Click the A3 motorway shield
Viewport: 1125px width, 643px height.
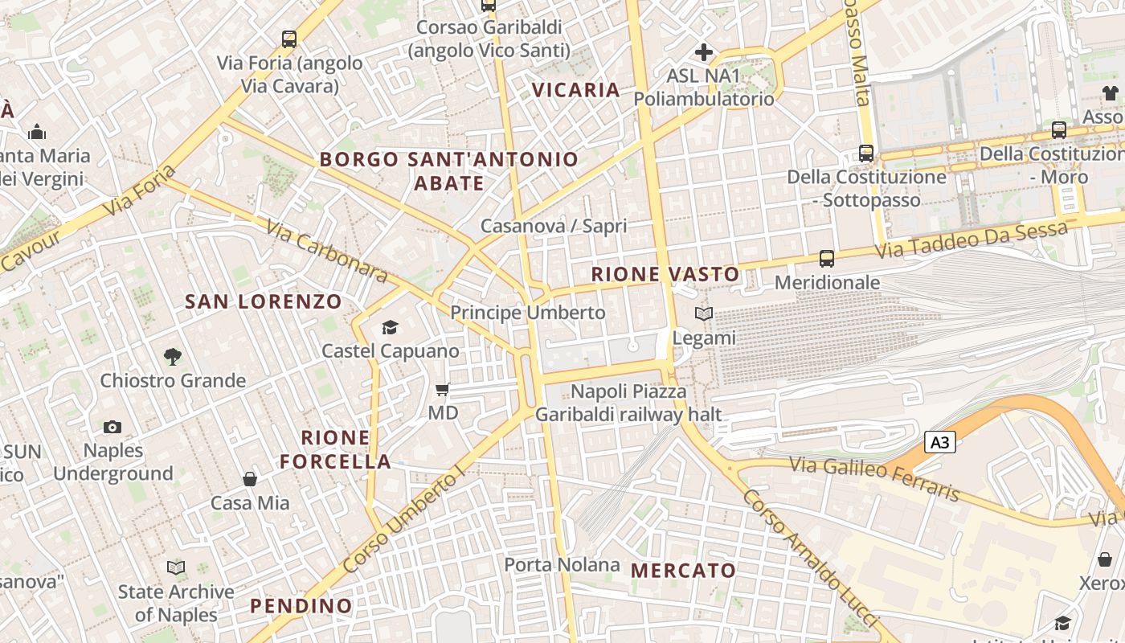940,442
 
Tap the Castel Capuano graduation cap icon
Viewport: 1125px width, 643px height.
390,327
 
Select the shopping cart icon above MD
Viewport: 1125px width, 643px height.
442,390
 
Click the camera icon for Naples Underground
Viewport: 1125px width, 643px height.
112,427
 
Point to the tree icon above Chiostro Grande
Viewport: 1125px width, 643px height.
172,356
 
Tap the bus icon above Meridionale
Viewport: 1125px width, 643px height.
827,259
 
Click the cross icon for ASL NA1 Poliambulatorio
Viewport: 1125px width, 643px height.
704,53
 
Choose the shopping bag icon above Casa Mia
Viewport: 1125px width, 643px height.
250,479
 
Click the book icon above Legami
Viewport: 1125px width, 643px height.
704,314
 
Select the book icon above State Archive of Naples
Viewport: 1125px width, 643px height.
176,568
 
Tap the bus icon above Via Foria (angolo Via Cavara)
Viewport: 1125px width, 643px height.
289,39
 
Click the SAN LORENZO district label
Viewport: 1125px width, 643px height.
264,302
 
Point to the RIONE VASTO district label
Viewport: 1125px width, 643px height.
665,274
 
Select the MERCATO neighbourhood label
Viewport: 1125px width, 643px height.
683,571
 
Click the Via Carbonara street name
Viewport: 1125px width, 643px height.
327,252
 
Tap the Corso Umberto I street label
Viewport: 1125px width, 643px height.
403,520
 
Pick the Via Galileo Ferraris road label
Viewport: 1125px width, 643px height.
874,478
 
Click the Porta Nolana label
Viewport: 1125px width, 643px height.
562,565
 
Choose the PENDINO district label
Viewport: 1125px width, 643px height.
301,606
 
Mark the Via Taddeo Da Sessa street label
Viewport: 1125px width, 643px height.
971,240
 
